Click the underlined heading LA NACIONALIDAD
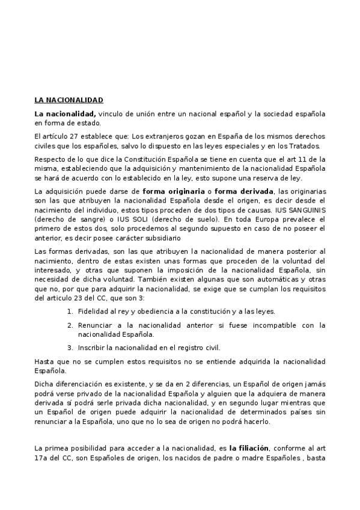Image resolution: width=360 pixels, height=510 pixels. pos(69,100)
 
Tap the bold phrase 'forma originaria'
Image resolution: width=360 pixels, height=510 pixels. pos(170,191)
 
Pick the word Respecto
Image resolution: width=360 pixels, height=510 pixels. pos(49,158)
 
